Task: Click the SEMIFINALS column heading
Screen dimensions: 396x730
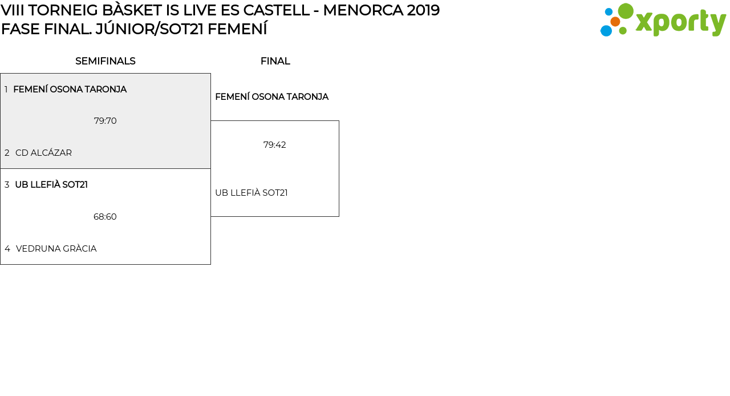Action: click(x=106, y=61)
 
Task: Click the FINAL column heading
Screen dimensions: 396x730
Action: click(x=275, y=61)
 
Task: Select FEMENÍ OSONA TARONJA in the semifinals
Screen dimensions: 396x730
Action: click(x=70, y=90)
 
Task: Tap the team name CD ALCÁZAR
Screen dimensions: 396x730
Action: click(x=43, y=153)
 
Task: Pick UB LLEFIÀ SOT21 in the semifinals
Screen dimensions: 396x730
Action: click(x=51, y=185)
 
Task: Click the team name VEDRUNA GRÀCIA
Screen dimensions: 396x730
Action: click(x=56, y=249)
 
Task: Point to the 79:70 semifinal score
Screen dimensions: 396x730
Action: click(x=106, y=121)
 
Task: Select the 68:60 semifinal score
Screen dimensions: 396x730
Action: click(x=105, y=217)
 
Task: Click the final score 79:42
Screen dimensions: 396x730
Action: click(x=275, y=145)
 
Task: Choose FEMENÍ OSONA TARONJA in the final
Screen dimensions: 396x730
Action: click(x=271, y=97)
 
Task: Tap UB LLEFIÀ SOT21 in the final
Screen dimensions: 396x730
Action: click(x=252, y=193)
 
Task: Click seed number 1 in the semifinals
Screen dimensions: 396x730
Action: click(x=6, y=90)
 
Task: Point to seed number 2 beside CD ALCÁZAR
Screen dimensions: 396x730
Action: click(x=7, y=153)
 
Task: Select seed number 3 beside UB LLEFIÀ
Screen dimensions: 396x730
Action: click(x=7, y=185)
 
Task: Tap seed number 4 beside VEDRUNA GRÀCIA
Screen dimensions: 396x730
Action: click(x=7, y=249)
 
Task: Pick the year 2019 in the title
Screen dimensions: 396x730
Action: click(x=423, y=10)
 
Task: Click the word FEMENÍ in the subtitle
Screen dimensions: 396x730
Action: click(x=237, y=29)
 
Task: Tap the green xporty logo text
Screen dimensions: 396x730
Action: click(x=680, y=23)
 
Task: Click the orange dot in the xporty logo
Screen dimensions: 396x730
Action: click(x=615, y=22)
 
